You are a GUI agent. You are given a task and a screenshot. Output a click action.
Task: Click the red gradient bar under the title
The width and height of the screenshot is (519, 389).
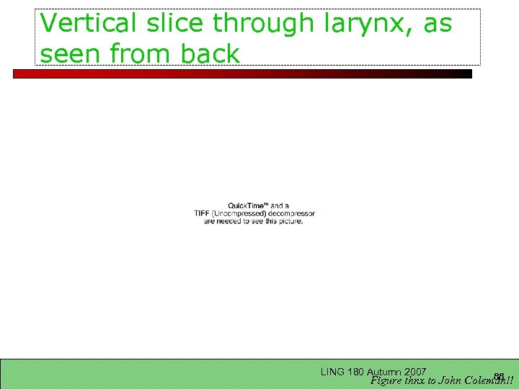tap(242, 73)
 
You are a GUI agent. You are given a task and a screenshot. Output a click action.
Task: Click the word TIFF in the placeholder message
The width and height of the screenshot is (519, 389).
tap(202, 213)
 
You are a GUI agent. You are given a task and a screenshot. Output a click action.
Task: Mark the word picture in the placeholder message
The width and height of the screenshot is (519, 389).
tap(288, 220)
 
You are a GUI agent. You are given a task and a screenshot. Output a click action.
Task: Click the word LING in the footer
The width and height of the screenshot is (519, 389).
tap(332, 372)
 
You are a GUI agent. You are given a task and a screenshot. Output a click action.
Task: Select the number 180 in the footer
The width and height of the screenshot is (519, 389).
tap(355, 372)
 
